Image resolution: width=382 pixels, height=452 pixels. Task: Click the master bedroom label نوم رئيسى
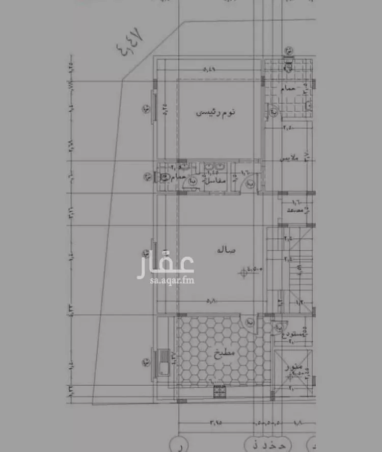(x=217, y=113)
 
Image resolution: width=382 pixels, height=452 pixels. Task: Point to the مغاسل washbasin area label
(x=215, y=180)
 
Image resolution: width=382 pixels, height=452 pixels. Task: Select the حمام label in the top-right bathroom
(x=289, y=89)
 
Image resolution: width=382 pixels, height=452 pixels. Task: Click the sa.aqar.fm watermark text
(x=165, y=280)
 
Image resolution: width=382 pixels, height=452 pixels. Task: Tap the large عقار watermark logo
(x=165, y=263)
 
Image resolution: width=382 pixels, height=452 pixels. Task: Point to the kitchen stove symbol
(x=220, y=391)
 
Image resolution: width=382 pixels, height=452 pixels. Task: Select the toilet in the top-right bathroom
(x=288, y=66)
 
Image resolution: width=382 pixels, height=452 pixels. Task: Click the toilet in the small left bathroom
(x=165, y=178)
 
